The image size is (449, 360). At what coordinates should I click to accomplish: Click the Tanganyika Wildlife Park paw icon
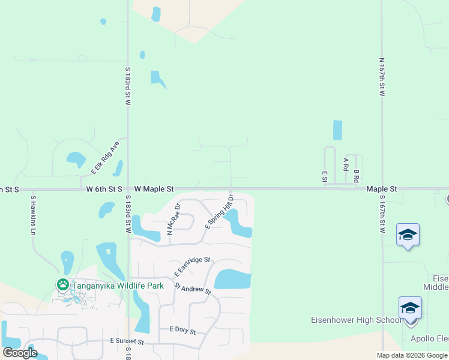(62, 284)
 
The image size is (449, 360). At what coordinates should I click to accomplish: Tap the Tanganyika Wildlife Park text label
(118, 286)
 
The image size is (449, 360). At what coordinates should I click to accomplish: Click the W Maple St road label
(154, 188)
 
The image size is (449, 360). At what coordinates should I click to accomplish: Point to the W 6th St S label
(104, 188)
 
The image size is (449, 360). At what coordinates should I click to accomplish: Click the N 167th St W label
(382, 77)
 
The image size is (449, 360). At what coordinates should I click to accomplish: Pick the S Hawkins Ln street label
(34, 215)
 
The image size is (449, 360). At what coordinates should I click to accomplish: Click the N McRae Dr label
(173, 220)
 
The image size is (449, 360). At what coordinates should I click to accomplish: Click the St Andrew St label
(193, 289)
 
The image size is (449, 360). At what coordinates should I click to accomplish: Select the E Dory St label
(182, 329)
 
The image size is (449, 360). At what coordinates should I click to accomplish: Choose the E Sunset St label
(127, 341)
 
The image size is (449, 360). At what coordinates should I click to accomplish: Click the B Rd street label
(356, 176)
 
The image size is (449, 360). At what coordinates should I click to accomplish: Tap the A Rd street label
(345, 164)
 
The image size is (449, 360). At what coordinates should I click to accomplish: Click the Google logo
(20, 353)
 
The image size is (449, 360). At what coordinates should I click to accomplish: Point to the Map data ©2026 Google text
(411, 355)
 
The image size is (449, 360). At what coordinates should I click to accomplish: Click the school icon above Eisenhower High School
(410, 308)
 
